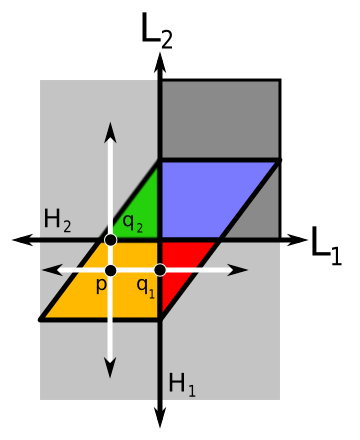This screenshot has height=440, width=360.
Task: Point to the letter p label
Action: pos(100,285)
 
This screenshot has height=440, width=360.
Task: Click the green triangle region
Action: pos(140,200)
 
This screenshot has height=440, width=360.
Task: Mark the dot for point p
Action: pos(111,270)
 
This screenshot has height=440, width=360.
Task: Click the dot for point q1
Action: pos(160,270)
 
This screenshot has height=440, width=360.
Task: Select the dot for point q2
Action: pos(111,240)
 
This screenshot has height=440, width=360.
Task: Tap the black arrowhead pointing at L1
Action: pos(300,240)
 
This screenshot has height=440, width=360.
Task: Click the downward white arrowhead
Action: pos(111,371)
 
